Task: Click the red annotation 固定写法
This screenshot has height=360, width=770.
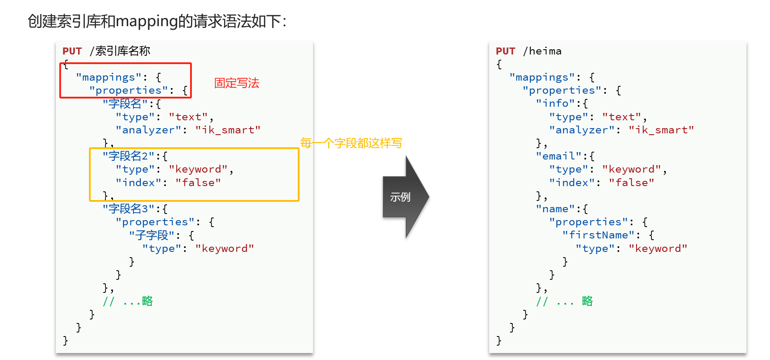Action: click(x=236, y=83)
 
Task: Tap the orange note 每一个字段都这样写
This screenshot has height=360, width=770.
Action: click(x=351, y=143)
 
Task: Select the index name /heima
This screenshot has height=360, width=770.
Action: click(x=542, y=51)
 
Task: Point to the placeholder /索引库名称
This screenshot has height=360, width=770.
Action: click(x=120, y=51)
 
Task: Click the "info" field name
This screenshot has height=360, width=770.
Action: click(x=555, y=104)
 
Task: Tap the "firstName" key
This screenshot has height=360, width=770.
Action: click(x=598, y=235)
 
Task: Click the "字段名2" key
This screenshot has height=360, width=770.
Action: click(x=129, y=156)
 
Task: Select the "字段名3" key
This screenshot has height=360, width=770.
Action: click(x=129, y=209)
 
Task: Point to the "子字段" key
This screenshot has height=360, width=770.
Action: click(x=152, y=235)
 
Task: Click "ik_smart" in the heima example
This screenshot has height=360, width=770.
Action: click(x=661, y=130)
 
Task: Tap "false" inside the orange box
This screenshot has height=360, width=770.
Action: click(x=198, y=183)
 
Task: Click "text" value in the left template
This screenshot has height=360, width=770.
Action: click(x=188, y=117)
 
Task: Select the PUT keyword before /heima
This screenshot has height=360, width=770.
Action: click(x=505, y=51)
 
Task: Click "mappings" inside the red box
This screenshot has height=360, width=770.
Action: click(x=109, y=78)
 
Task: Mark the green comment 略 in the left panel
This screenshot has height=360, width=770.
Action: click(x=147, y=301)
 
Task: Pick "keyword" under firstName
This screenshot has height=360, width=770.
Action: click(x=658, y=248)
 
